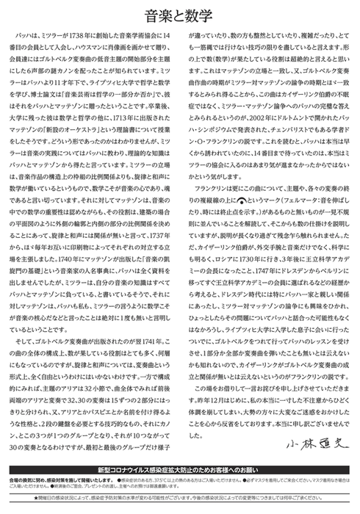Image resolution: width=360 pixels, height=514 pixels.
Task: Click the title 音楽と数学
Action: coord(179,14)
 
